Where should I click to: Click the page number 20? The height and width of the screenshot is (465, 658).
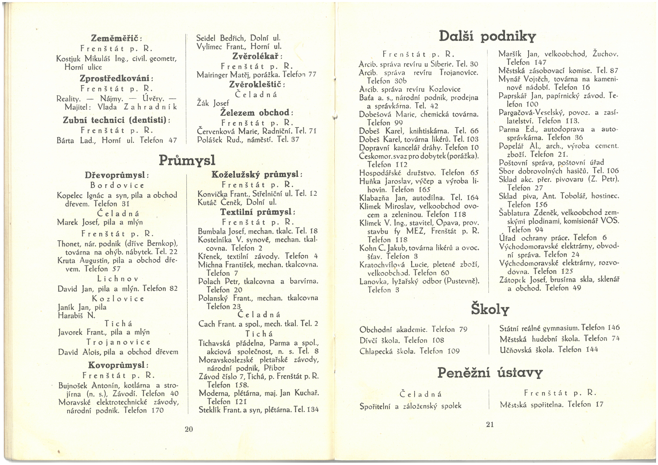pos(189,429)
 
